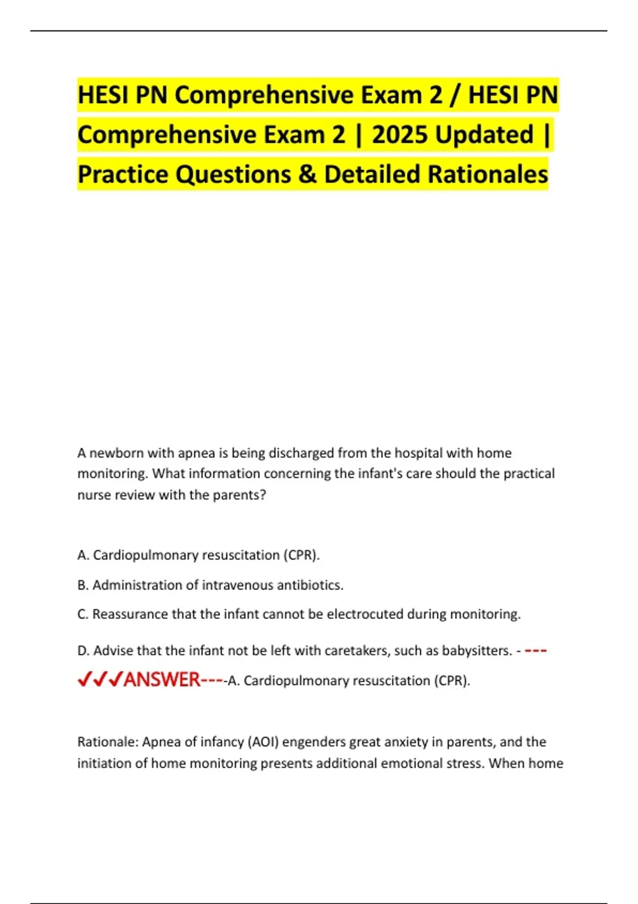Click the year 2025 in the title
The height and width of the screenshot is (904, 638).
pos(400,135)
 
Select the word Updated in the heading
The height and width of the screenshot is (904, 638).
pos(484,135)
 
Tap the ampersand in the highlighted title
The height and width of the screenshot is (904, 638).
pos(307,174)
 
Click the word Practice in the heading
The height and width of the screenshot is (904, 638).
pos(123,174)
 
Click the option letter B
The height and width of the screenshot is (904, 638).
pos(82,585)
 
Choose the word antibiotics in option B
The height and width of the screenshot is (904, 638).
pos(311,585)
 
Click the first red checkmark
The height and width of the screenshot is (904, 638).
pos(83,680)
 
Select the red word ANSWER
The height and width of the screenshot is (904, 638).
pos(162,680)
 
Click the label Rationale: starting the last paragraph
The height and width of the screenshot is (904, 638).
pos(108,742)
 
